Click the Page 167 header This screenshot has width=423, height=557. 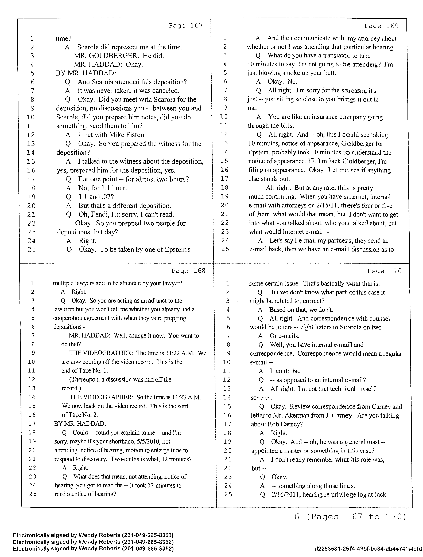pyautogui.click(x=186, y=26)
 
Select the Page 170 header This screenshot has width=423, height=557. pyautogui.click(x=385, y=271)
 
